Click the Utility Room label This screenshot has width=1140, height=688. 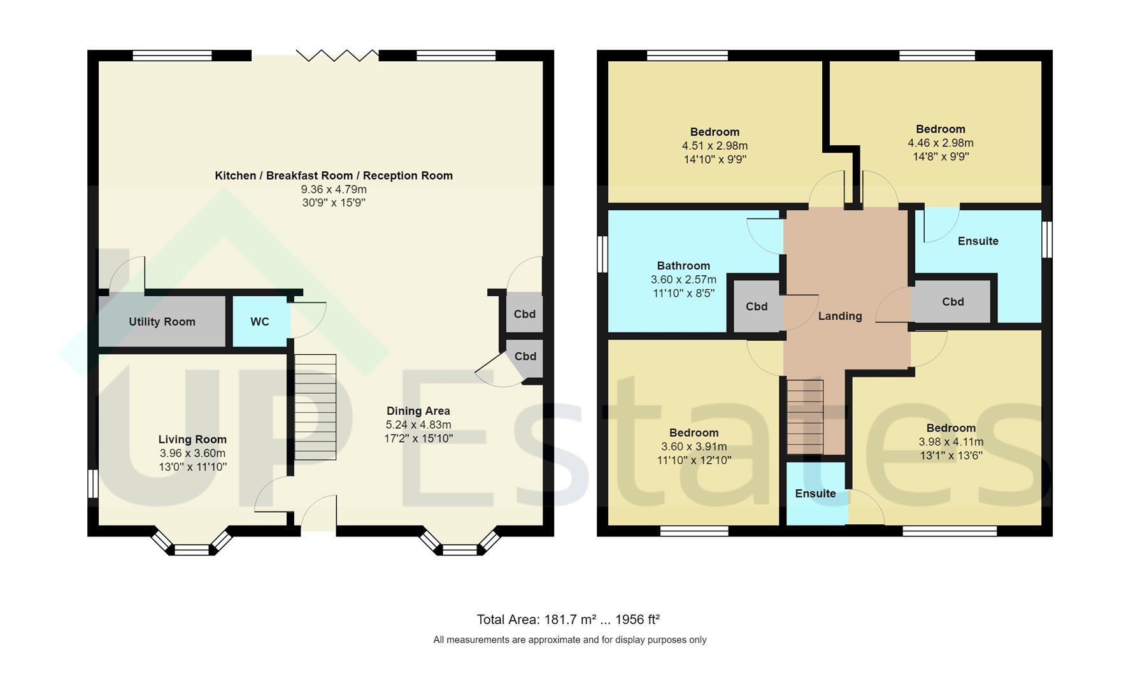162,322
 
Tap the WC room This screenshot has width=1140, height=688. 260,322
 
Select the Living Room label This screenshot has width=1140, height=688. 192,439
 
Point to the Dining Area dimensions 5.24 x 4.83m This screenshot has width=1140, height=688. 418,425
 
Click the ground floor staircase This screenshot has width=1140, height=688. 315,407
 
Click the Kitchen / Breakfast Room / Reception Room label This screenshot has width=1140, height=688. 334,175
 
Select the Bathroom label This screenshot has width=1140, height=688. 683,266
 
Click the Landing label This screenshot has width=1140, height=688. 840,316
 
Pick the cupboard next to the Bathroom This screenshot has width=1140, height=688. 757,306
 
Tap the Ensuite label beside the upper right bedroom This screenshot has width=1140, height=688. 978,241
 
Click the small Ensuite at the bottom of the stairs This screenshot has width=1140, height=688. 816,494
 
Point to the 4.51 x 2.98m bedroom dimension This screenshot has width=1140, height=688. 715,146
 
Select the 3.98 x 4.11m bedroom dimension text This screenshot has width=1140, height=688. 951,441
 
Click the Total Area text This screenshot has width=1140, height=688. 568,619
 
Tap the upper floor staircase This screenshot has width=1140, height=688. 806,417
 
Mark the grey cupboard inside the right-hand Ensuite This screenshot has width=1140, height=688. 952,302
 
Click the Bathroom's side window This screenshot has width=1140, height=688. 602,255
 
